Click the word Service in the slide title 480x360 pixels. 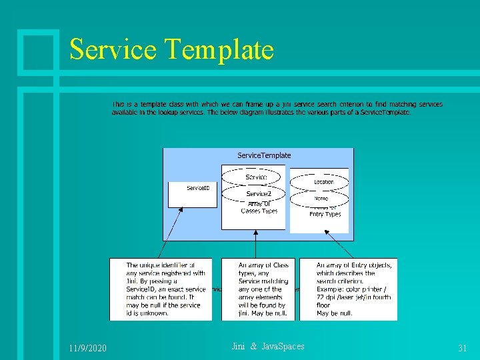pos(112,50)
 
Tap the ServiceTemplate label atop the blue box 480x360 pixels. pos(264,155)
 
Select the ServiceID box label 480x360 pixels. pos(198,188)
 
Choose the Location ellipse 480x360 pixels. pos(323,181)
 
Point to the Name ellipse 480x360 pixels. pos(321,198)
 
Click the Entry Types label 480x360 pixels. pos(325,214)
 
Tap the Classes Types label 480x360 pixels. pos(259,211)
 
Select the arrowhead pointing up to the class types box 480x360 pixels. pos(255,234)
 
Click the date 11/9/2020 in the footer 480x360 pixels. pos(87,349)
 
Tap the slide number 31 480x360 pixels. pos(462,349)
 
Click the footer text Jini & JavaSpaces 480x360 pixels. pos(267,346)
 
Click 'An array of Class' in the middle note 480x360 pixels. pos(263,265)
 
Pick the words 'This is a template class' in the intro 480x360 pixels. pos(149,104)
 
